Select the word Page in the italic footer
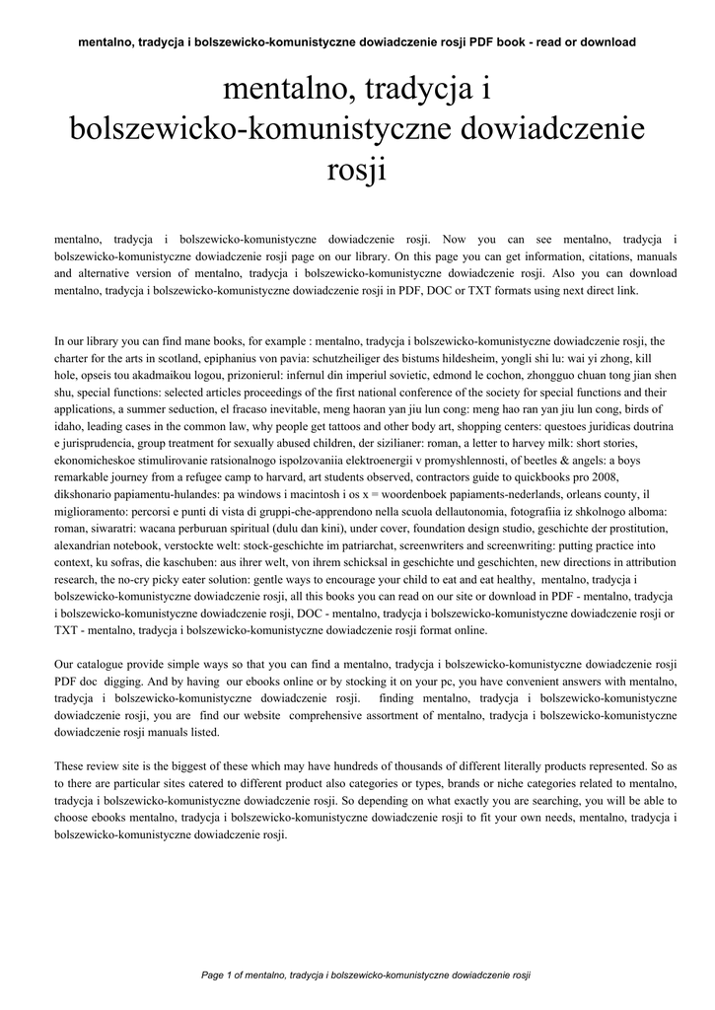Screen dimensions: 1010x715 click(213, 975)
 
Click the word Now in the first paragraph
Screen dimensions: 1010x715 click(455, 239)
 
